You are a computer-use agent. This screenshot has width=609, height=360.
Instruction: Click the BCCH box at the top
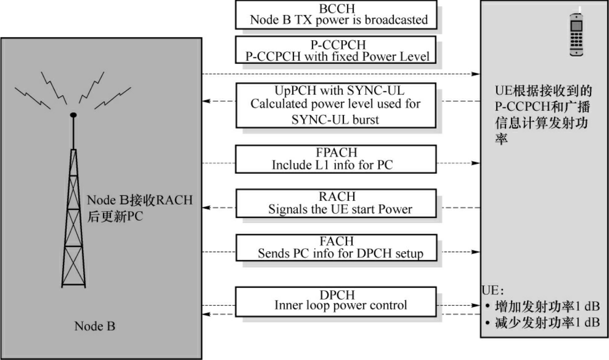pyautogui.click(x=336, y=15)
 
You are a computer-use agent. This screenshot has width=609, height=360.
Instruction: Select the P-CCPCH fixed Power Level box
pyautogui.click(x=336, y=50)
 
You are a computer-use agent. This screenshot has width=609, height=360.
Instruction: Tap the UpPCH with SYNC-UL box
pyautogui.click(x=336, y=105)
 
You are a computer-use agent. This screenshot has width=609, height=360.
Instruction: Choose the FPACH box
pyautogui.click(x=336, y=159)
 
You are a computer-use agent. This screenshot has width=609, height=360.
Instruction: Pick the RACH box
pyautogui.click(x=336, y=203)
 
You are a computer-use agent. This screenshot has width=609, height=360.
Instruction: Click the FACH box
pyautogui.click(x=336, y=247)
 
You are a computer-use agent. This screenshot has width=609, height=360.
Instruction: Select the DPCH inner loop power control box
pyautogui.click(x=336, y=301)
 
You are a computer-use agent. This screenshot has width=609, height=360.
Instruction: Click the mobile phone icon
pyautogui.click(x=577, y=35)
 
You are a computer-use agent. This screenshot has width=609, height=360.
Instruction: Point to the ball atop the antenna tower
pyautogui.click(x=73, y=115)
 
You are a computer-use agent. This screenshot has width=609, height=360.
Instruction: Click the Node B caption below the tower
pyautogui.click(x=95, y=326)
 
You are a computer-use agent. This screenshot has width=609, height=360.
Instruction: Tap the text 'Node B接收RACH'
pyautogui.click(x=140, y=200)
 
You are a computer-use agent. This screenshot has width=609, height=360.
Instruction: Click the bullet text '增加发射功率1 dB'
pyautogui.click(x=547, y=306)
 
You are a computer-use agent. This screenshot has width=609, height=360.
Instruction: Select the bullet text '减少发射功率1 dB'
pyautogui.click(x=547, y=323)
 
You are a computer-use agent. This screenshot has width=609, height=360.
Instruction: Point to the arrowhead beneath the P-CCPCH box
pyautogui.click(x=476, y=74)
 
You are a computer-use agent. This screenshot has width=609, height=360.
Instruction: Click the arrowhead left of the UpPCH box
pyautogui.click(x=207, y=101)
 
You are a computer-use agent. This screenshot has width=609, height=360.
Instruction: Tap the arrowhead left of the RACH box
pyautogui.click(x=207, y=208)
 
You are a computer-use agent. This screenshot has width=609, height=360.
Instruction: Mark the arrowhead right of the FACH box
pyautogui.click(x=476, y=252)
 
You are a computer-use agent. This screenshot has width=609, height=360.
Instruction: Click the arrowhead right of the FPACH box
pyautogui.click(x=476, y=163)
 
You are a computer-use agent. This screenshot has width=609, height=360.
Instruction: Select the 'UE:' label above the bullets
pyautogui.click(x=493, y=291)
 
